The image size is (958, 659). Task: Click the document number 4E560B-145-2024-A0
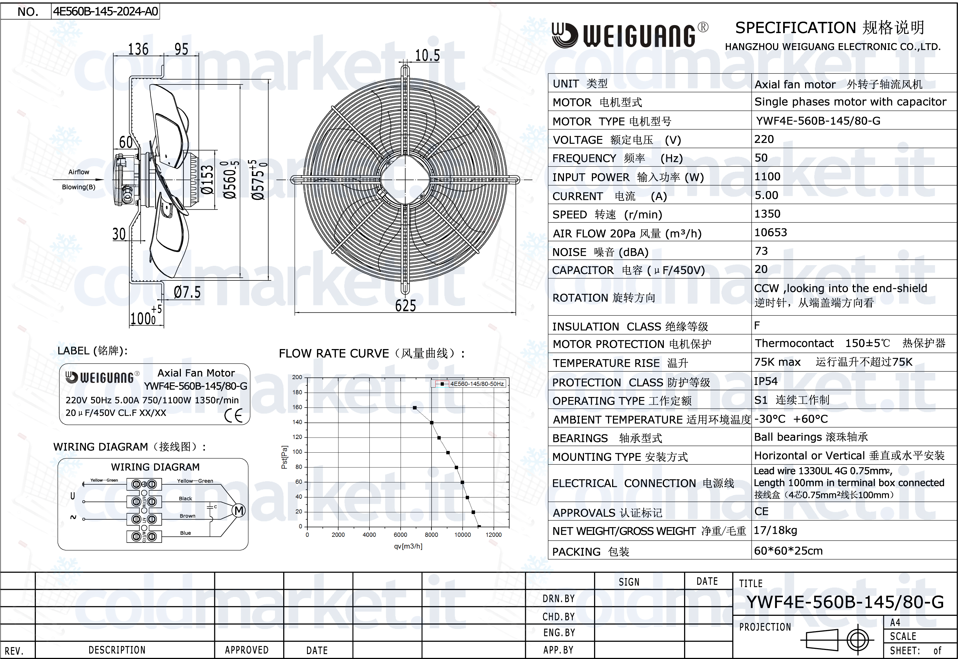(x=105, y=11)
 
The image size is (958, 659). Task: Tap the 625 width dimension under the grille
(x=406, y=306)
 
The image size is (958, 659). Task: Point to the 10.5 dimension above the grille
(x=427, y=55)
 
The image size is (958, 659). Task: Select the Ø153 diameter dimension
(x=207, y=180)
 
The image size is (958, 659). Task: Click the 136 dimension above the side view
(x=138, y=49)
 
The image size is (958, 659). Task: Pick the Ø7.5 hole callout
(x=187, y=292)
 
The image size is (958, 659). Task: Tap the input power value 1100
(x=768, y=177)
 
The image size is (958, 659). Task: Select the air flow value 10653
(x=771, y=232)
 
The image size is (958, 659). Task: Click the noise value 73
(x=761, y=251)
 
